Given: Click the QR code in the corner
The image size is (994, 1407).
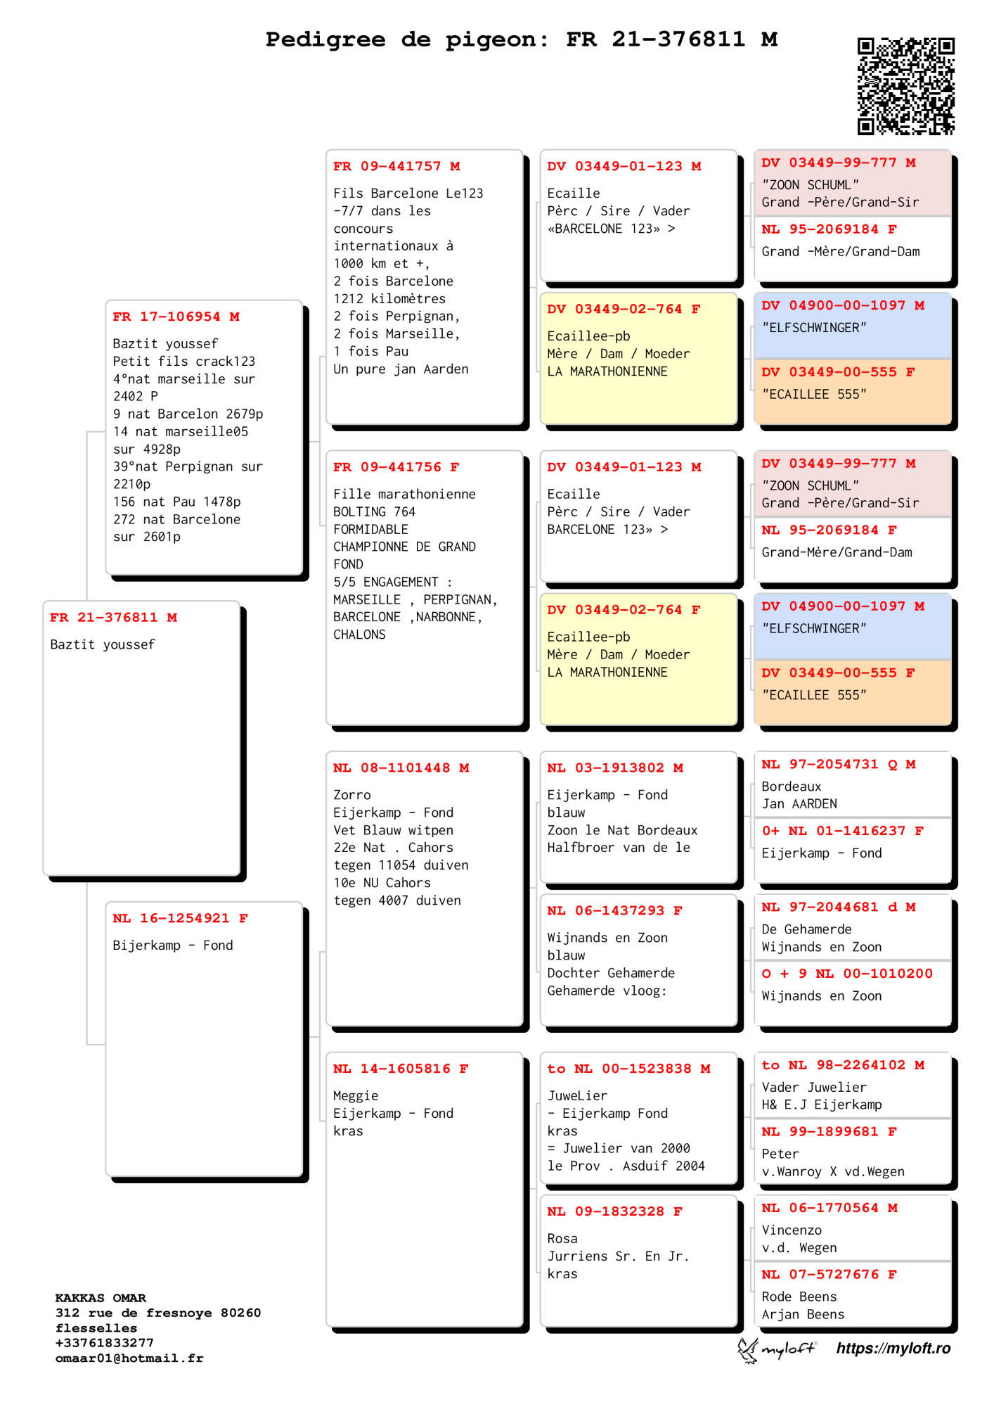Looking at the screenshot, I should [x=905, y=86].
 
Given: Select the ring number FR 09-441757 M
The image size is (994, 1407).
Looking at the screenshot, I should [x=396, y=167].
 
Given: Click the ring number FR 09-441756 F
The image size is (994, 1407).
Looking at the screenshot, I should [x=396, y=467].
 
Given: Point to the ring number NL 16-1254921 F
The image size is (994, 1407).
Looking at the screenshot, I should [x=180, y=918].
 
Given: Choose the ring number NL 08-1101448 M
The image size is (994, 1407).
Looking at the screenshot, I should [x=401, y=768].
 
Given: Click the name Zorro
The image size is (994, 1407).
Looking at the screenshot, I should [x=351, y=795].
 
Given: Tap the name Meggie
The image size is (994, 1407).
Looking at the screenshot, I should [x=356, y=1095].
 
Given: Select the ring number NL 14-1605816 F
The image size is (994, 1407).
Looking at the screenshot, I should [x=400, y=1069].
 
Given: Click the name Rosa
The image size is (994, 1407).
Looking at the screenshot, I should [x=562, y=1238].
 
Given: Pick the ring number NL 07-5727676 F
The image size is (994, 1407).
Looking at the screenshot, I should [x=829, y=1274].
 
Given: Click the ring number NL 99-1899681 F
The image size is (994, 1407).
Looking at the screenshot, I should [x=829, y=1131].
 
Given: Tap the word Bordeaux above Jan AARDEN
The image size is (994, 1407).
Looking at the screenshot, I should [x=792, y=787].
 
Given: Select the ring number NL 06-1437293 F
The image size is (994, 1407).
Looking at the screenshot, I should [x=614, y=910].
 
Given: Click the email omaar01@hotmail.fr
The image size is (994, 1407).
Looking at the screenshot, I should [x=129, y=1358].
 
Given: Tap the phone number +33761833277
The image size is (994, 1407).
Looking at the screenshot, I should [x=104, y=1342].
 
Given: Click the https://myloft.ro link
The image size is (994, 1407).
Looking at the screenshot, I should [x=893, y=1348].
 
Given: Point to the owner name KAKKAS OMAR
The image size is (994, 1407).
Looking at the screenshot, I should [x=101, y=1297].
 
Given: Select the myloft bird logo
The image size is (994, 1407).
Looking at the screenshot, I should [x=748, y=1349].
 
